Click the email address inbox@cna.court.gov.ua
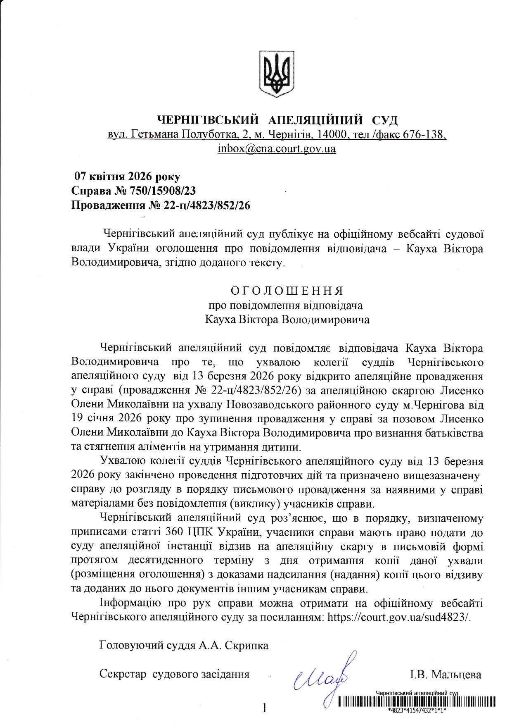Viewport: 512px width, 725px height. click(x=277, y=149)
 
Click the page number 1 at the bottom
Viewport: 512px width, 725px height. click(x=265, y=708)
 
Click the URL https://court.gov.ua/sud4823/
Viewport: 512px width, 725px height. click(x=398, y=617)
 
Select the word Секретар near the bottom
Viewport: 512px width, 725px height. click(x=123, y=675)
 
